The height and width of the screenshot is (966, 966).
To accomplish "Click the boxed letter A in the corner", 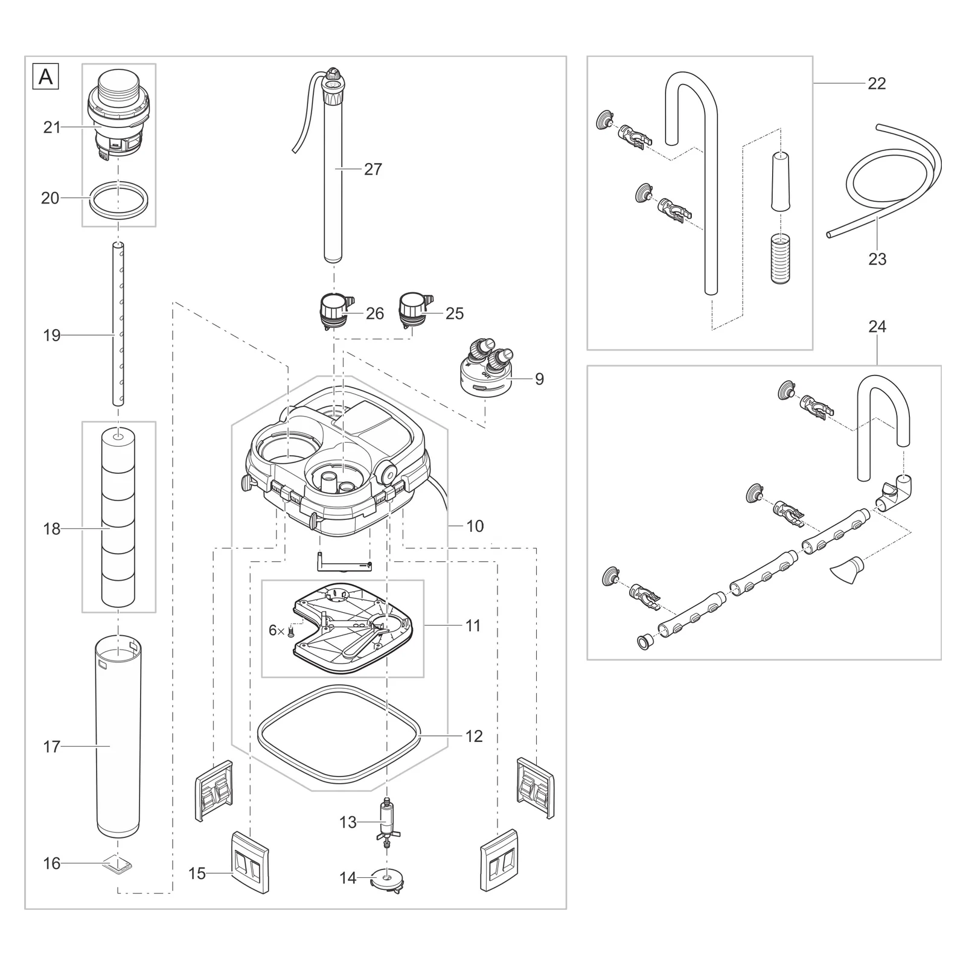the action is [x=45, y=77].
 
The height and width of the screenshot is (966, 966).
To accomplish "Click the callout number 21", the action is [x=52, y=127].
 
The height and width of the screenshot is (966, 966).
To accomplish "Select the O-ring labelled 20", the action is [x=118, y=198].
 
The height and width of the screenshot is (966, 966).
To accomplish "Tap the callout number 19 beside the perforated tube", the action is [x=52, y=335].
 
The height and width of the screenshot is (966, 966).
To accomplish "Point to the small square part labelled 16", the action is [x=118, y=865].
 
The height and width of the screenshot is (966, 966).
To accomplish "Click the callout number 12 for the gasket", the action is [x=475, y=736].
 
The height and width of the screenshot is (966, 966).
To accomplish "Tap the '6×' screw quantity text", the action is [x=277, y=630].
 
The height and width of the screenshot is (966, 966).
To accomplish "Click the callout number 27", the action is [x=373, y=170].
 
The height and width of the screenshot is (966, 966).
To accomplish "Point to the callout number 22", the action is [x=877, y=83].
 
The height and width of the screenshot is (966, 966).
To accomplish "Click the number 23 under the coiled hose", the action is [x=877, y=259].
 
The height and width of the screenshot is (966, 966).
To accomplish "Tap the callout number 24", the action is [x=877, y=327].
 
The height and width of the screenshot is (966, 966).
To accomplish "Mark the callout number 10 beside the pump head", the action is [x=475, y=526].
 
